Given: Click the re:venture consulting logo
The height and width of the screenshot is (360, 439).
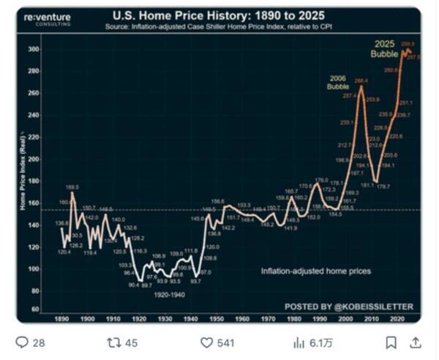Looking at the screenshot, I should pos(48,19).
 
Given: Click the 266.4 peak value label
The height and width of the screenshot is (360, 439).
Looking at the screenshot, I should pos(361,81).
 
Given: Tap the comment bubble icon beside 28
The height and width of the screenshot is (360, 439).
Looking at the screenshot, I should pos(22,342).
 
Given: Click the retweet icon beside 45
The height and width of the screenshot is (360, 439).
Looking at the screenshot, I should pos(113,342).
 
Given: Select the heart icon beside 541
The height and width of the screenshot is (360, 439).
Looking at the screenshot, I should pos(207,342).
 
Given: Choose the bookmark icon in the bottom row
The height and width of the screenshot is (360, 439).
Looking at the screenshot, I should pos(391,342).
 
